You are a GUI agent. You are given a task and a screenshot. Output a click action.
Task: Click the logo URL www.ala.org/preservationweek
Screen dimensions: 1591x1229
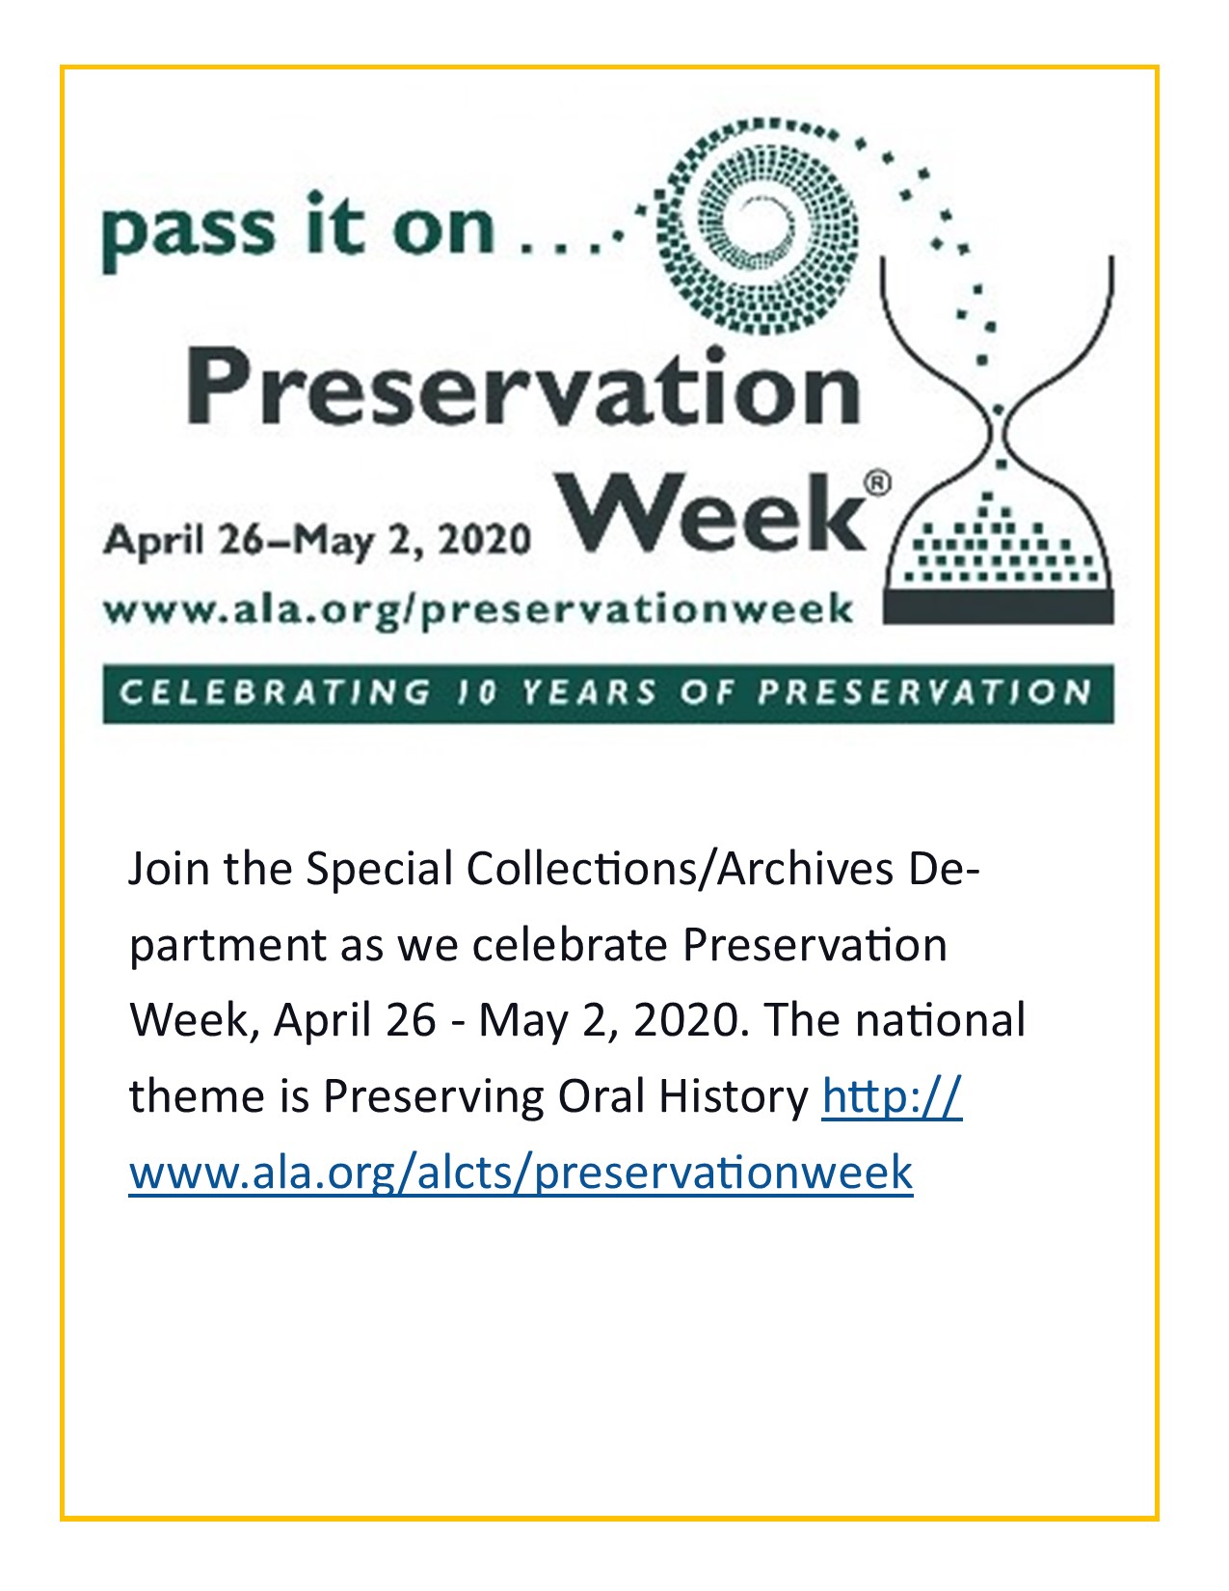pos(478,610)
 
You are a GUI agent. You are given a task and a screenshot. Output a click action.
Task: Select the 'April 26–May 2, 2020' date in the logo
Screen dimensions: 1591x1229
pos(317,539)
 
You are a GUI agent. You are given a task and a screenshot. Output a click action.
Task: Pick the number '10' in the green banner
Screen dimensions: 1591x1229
pos(476,692)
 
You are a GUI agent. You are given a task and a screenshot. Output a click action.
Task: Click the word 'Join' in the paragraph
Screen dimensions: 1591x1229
pos(169,870)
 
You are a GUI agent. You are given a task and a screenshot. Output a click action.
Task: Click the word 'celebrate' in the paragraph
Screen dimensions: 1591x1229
pos(570,945)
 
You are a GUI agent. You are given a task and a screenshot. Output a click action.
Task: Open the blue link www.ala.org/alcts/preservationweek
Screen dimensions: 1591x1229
pos(521,1172)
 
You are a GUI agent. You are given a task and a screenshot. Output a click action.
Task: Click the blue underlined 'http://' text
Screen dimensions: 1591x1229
pos(892,1096)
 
